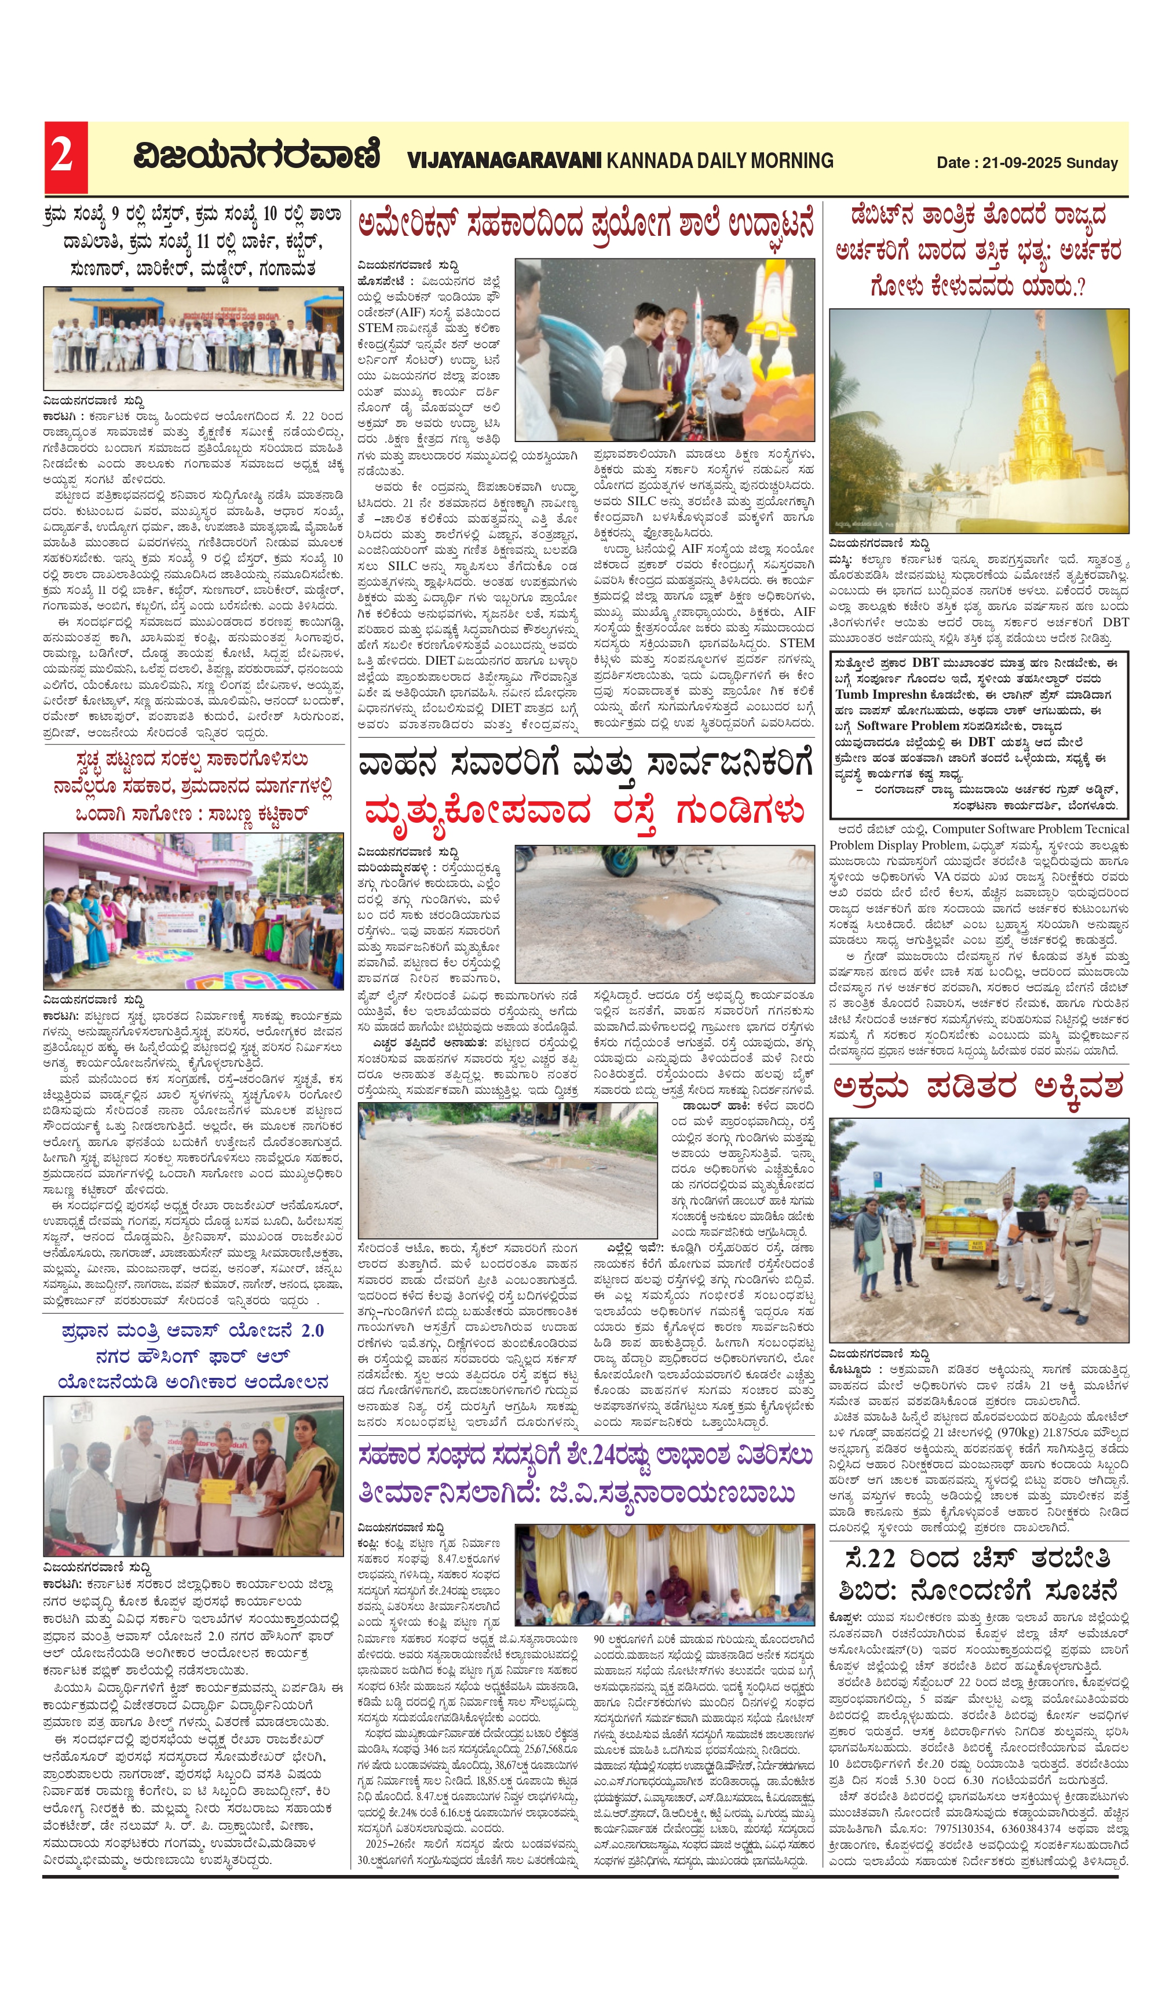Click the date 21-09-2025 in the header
pyautogui.click(x=1021, y=163)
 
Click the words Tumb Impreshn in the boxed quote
pyautogui.click(x=880, y=694)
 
